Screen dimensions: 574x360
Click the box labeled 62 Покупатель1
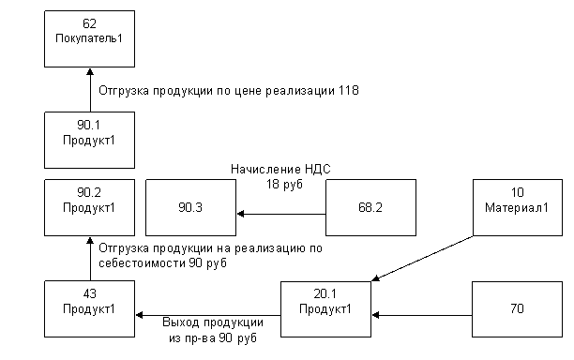point(89,38)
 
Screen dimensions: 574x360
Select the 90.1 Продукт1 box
point(89,140)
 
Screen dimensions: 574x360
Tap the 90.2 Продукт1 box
point(89,207)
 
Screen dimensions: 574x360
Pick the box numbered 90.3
point(190,207)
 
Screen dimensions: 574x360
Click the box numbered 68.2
point(370,207)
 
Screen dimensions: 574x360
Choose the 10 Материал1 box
point(518,207)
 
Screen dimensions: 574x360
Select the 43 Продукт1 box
point(89,308)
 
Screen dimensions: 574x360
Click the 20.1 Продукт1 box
point(325,309)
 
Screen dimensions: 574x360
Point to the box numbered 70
point(518,309)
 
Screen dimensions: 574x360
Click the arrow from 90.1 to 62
point(90,90)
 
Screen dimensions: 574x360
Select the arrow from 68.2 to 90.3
point(281,214)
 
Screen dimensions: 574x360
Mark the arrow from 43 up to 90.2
point(90,259)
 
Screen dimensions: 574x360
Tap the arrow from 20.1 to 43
point(208,315)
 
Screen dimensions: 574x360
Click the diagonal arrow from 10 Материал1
point(422,259)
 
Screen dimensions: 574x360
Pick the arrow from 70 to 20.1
point(422,315)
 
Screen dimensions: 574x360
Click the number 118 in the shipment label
point(349,90)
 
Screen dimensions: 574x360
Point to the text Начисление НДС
point(280,169)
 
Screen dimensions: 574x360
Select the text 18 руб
point(284,184)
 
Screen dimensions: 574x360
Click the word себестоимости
point(142,263)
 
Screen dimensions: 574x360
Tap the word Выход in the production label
point(181,322)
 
